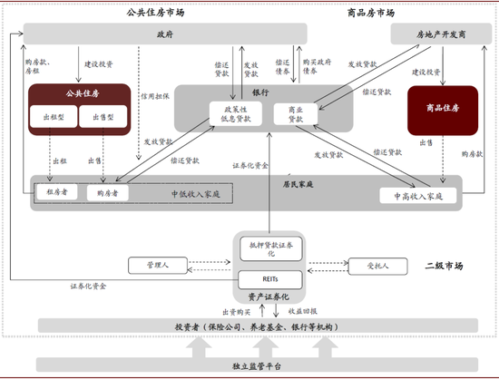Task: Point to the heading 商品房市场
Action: (x=371, y=13)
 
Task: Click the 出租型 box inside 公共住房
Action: (x=52, y=118)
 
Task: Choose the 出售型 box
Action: (x=97, y=118)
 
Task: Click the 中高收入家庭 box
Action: (x=412, y=195)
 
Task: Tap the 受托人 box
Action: (x=374, y=266)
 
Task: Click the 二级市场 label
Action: (x=444, y=266)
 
